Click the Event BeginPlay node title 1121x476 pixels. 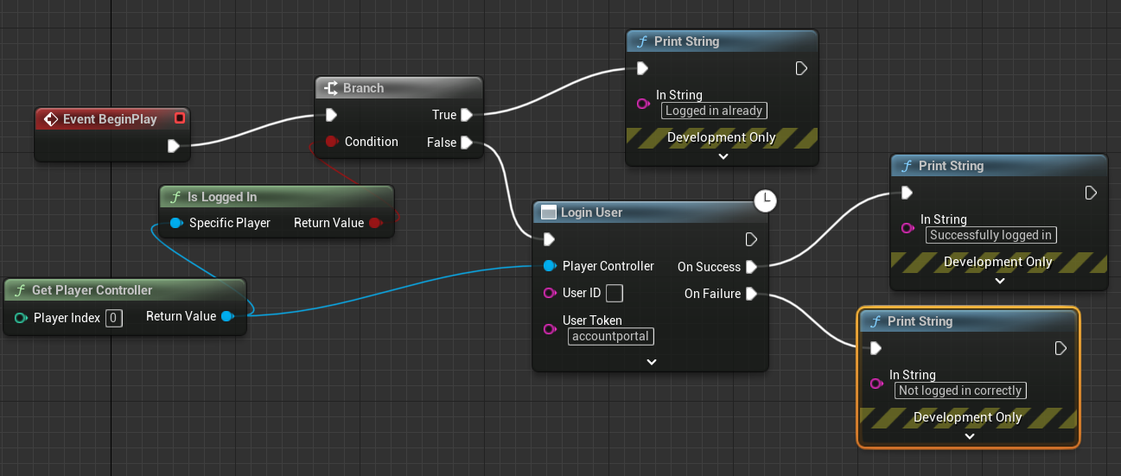(110, 119)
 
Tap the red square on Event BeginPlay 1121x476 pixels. (179, 118)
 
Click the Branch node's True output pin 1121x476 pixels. (467, 115)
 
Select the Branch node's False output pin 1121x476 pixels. (467, 143)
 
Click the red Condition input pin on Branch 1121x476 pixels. (331, 142)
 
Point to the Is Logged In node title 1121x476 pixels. (222, 197)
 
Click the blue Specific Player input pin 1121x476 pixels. (176, 223)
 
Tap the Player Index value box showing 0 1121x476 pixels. (113, 318)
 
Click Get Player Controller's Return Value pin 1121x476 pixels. (226, 316)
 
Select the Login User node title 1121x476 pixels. (591, 213)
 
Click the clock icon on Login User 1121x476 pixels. (765, 201)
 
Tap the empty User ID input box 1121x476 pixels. (615, 294)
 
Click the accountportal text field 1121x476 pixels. (610, 336)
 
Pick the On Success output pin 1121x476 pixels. (751, 267)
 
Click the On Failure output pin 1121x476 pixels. (751, 294)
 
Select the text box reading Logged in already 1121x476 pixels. (714, 111)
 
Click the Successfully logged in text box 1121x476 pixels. (990, 235)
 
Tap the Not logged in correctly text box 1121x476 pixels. (960, 390)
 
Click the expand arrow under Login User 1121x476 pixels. (652, 362)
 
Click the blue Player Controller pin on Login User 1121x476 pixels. (550, 266)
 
